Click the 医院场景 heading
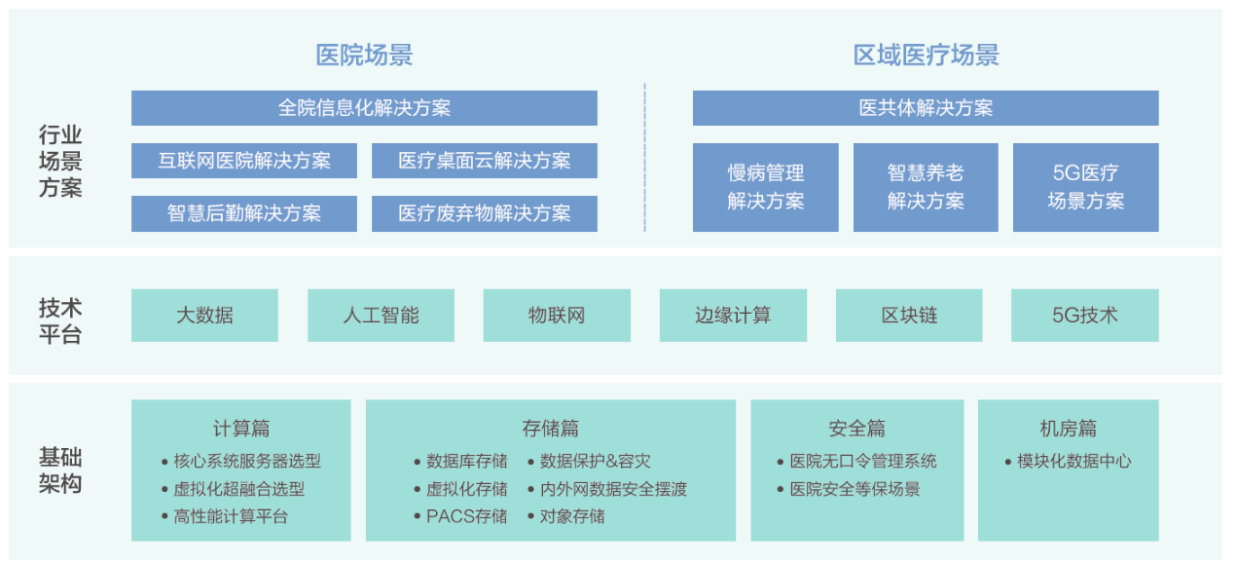pos(364,56)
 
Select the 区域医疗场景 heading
pos(926,56)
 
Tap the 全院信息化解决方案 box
pos(364,108)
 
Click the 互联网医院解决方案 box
pos(244,161)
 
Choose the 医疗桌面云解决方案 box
pos(485,161)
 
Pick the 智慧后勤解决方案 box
pos(244,213)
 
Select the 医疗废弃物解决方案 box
pos(485,213)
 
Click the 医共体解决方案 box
pos(926,108)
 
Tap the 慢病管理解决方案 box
pos(766,187)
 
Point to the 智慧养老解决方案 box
pos(926,187)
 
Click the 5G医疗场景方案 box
pos(1086,187)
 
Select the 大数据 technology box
pos(204,316)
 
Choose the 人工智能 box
pos(382,316)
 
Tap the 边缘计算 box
pos(733,316)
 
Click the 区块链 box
pos(909,316)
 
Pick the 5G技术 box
pos(1085,316)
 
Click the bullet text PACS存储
pos(467,516)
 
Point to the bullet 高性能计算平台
pos(231,516)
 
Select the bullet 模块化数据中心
pos(1074,462)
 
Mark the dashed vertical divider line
pos(644,158)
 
